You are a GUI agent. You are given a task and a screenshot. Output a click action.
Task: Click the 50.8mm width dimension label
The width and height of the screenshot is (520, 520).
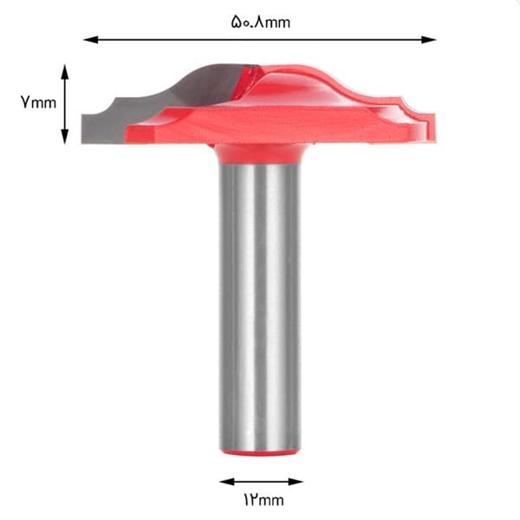[260, 22]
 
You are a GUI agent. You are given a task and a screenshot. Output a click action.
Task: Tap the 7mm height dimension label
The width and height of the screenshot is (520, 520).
[38, 102]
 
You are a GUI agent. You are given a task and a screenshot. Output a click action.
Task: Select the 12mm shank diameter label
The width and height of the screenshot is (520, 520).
[264, 500]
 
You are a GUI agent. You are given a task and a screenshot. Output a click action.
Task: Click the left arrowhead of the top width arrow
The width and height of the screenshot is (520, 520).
[90, 40]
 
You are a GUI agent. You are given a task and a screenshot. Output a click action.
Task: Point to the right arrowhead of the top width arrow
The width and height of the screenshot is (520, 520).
[428, 40]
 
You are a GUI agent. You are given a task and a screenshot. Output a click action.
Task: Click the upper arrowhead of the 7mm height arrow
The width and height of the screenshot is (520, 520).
[65, 72]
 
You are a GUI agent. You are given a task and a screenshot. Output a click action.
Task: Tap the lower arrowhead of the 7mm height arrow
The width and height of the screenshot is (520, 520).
[65, 137]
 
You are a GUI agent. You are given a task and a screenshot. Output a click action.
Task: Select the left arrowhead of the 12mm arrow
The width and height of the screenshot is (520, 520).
[227, 482]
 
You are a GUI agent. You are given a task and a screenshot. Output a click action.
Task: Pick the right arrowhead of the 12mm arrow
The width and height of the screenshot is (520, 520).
[296, 482]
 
